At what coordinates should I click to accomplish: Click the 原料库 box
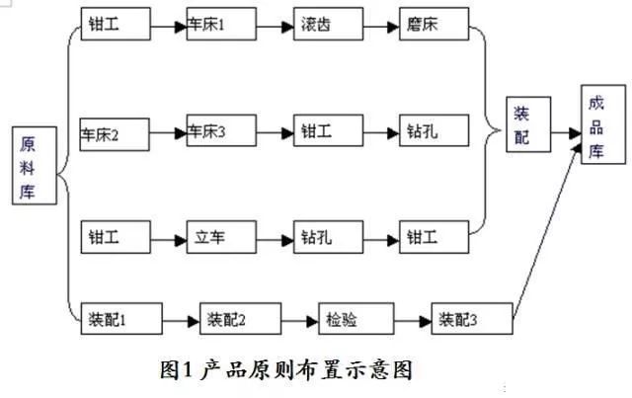[35, 166]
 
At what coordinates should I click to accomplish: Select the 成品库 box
[603, 124]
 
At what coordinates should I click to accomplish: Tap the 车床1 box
[221, 24]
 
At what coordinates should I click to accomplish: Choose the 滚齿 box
[328, 24]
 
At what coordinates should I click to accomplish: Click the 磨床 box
[434, 24]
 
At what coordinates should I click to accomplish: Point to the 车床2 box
[115, 134]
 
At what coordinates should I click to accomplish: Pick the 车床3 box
[221, 130]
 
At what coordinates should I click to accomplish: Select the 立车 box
[221, 237]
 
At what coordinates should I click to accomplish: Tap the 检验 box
[356, 319]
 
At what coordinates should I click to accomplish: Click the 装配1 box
[121, 319]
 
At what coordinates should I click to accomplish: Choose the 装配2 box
[241, 319]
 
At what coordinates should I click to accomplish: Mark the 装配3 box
[472, 319]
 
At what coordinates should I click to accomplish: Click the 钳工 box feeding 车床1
[116, 24]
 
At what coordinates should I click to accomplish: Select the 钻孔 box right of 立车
[328, 237]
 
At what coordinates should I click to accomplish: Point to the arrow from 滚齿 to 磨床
[381, 27]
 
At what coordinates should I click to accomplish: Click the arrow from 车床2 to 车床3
[168, 133]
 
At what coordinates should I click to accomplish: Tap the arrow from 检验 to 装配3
[413, 321]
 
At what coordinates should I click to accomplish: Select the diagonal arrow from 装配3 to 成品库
[547, 231]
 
